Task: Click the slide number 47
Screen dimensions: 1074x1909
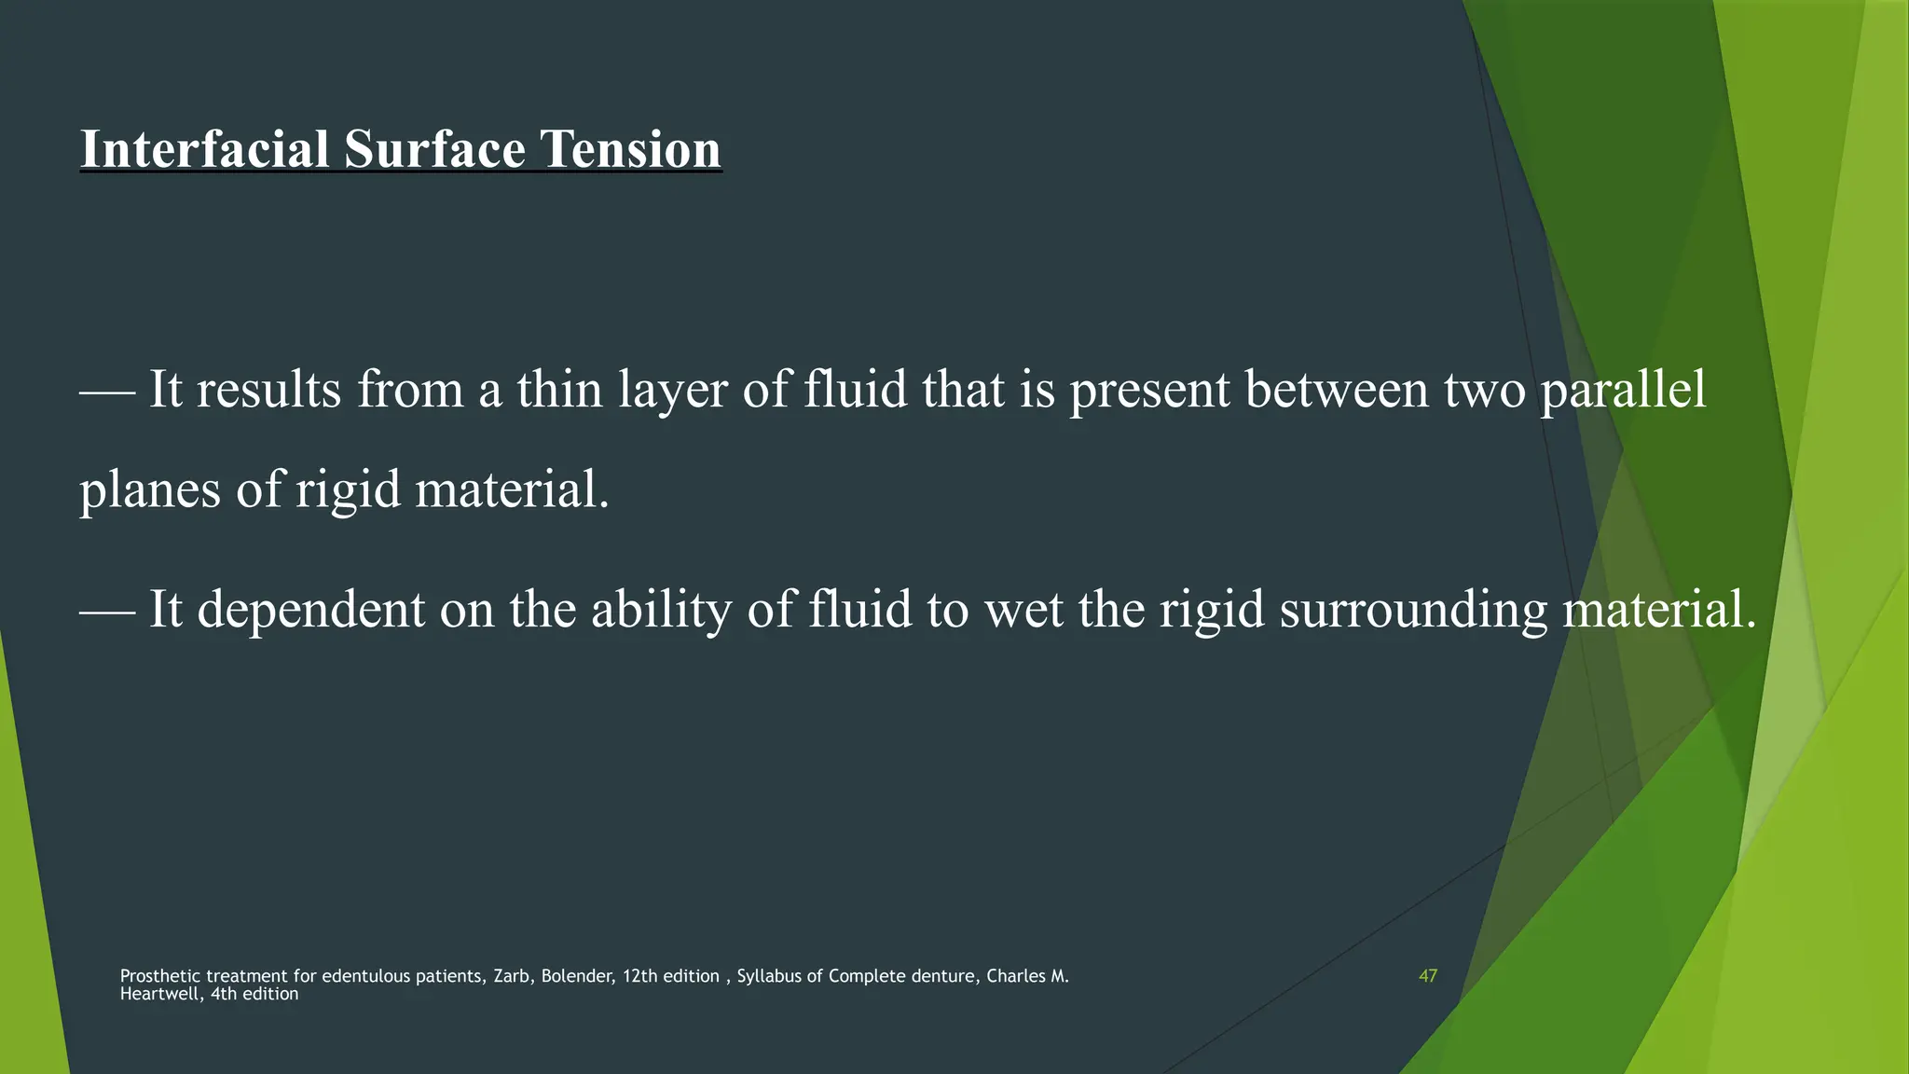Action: pyautogui.click(x=1427, y=976)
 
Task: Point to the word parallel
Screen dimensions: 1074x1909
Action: pyautogui.click(x=1623, y=390)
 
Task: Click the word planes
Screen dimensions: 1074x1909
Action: pyautogui.click(x=149, y=490)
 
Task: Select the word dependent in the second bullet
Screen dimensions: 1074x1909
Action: pyautogui.click(x=310, y=610)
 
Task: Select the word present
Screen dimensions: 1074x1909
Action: pyautogui.click(x=1149, y=390)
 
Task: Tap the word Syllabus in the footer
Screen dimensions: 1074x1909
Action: pyautogui.click(x=769, y=976)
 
